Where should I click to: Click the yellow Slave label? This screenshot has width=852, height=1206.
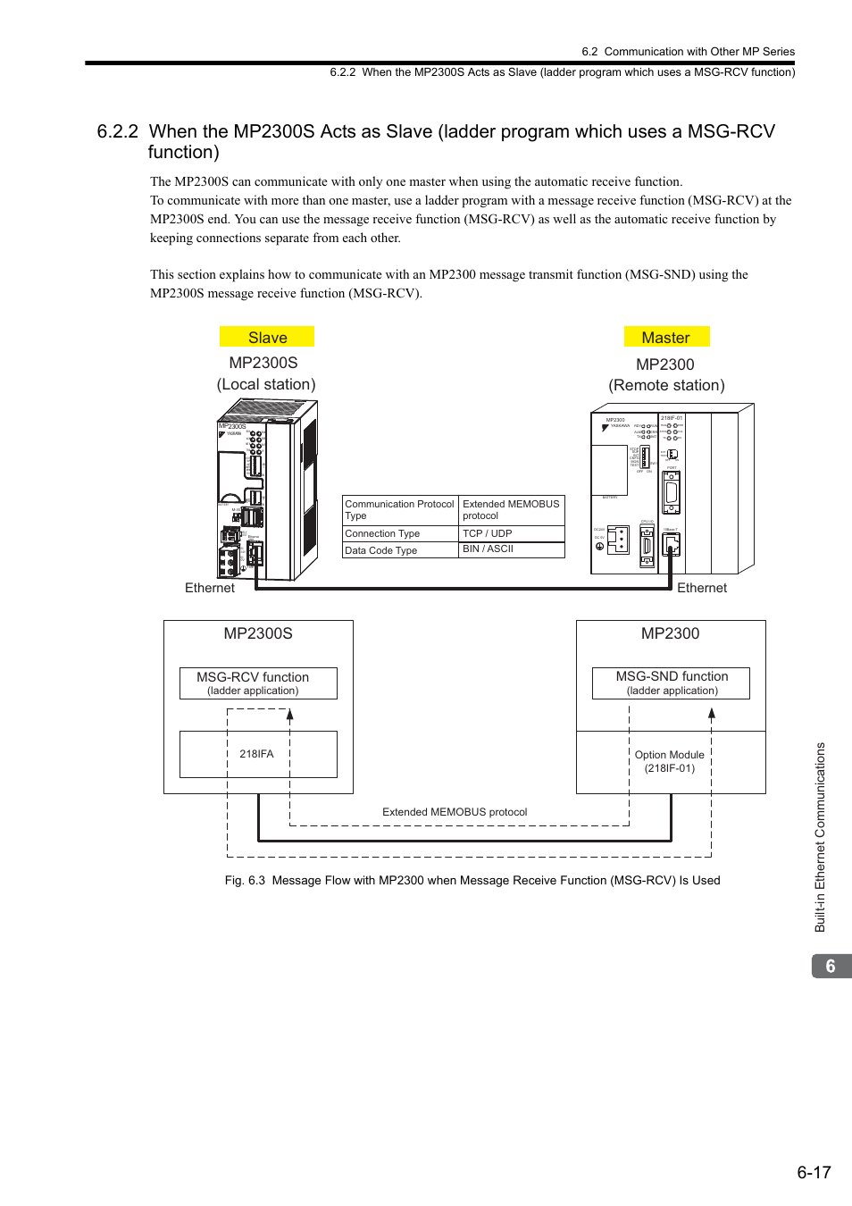point(267,338)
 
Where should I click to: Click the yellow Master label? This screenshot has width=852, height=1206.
point(666,338)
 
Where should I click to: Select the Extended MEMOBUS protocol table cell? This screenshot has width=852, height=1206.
point(511,510)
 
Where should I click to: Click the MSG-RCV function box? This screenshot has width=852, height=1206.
point(258,683)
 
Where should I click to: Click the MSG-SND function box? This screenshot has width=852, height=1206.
point(671,683)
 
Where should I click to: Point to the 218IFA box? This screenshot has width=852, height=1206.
point(257,754)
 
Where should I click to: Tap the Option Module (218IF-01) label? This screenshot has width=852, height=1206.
point(670,761)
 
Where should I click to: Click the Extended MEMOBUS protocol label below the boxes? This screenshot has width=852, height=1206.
point(455,812)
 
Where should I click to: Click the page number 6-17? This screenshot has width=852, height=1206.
point(814,1172)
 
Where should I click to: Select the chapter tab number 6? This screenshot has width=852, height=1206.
point(831,967)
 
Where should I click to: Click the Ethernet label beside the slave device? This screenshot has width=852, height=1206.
point(210,588)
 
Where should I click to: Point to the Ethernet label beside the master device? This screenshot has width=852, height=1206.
point(702,588)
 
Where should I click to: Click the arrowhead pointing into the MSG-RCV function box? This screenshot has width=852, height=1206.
point(290,714)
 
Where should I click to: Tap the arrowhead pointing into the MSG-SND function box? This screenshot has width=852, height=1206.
point(712,713)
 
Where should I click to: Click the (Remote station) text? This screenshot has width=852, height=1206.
point(666,385)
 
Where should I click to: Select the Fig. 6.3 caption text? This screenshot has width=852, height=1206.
point(472,880)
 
